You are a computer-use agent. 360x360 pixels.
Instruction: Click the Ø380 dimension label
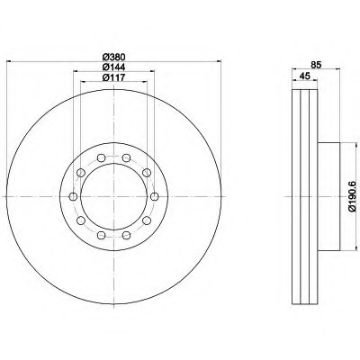(x=113, y=57)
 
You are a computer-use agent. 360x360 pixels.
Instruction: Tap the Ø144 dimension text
(x=113, y=67)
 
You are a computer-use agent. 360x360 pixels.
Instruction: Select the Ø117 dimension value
(x=113, y=77)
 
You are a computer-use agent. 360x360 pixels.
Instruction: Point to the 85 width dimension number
(x=316, y=64)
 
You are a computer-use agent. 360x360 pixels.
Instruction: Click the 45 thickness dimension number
(x=304, y=76)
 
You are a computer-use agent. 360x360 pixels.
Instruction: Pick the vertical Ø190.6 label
(x=353, y=196)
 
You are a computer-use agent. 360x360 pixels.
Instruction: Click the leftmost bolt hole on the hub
(x=73, y=197)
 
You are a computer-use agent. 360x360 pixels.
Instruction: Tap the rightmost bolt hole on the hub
(x=154, y=197)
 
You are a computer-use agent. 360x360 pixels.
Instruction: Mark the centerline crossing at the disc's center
(x=113, y=197)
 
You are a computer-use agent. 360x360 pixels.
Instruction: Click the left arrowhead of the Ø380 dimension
(x=9, y=61)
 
